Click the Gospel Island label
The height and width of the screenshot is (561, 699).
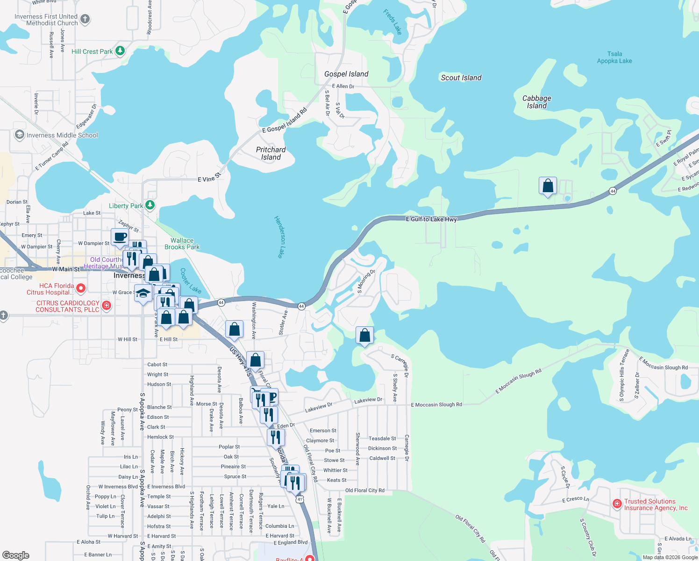pyautogui.click(x=346, y=74)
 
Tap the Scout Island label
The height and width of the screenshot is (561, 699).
pyautogui.click(x=461, y=78)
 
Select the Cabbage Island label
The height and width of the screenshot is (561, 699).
pyautogui.click(x=536, y=102)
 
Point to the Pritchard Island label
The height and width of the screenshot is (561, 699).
pyautogui.click(x=271, y=153)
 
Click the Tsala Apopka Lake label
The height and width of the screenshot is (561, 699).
pyautogui.click(x=614, y=58)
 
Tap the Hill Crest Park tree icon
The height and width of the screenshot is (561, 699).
pyautogui.click(x=120, y=50)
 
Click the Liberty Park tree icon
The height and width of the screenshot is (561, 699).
pyautogui.click(x=150, y=205)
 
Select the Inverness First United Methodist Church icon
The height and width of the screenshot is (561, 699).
pyautogui.click(x=85, y=19)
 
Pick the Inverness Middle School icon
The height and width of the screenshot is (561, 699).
pyautogui.click(x=19, y=135)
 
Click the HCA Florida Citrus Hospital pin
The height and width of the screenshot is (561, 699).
pyautogui.click(x=80, y=288)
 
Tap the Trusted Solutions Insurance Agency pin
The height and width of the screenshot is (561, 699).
pyautogui.click(x=617, y=503)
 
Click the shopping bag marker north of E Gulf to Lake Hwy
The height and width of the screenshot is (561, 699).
pyautogui.click(x=548, y=186)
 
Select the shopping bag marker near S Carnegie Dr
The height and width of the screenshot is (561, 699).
pyautogui.click(x=364, y=335)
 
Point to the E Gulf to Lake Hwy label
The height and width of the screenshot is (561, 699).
pyautogui.click(x=431, y=219)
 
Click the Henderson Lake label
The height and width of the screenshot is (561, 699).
pyautogui.click(x=279, y=237)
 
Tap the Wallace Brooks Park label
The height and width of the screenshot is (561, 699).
pyautogui.click(x=182, y=244)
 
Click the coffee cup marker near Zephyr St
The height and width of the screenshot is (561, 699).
pyautogui.click(x=120, y=237)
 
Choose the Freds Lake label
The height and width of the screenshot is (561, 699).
pyautogui.click(x=392, y=22)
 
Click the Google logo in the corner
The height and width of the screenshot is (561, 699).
pyautogui.click(x=16, y=555)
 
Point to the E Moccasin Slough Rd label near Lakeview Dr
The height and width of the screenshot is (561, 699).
pyautogui.click(x=436, y=405)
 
